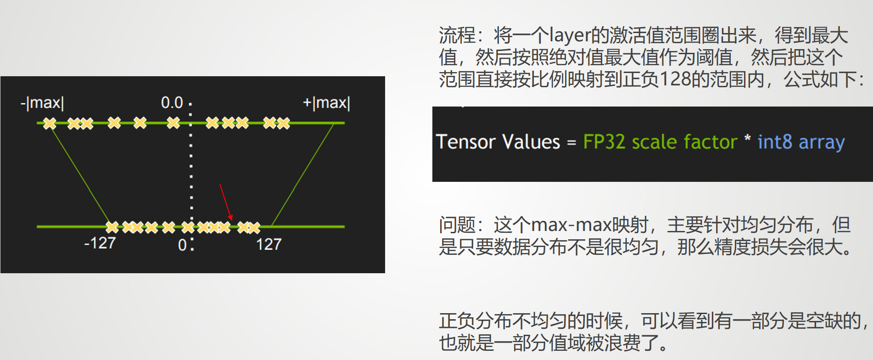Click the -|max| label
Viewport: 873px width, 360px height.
(42, 103)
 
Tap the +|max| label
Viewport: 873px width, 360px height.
(326, 103)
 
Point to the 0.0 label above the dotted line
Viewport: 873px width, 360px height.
(172, 102)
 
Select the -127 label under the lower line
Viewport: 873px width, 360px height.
(100, 243)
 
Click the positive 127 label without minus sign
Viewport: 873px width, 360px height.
(269, 244)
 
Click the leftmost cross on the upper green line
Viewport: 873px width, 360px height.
(50, 123)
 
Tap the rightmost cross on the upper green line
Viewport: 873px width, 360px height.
(283, 123)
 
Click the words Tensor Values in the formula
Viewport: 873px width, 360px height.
(498, 142)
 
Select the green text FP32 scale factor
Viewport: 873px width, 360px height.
(660, 142)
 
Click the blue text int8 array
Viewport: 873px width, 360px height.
(801, 142)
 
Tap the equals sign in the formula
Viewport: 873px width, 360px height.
(571, 143)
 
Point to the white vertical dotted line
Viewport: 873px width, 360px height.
(191, 174)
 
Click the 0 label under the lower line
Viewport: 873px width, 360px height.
(182, 245)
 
